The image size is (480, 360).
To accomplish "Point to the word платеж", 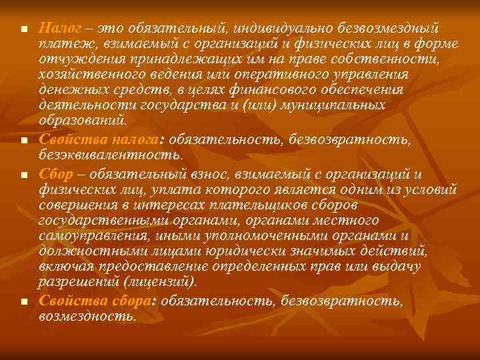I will [61, 45].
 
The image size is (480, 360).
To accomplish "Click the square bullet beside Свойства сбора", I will [23, 301].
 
